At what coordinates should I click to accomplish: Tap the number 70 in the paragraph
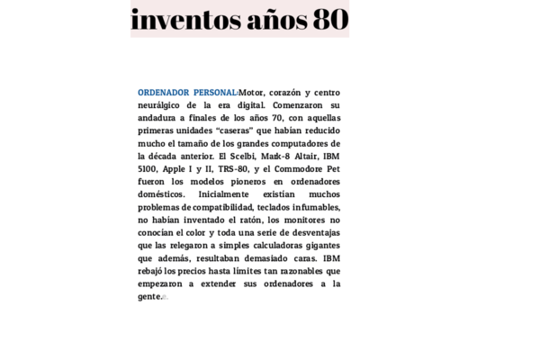[x=277, y=118]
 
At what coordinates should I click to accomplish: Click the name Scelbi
[x=237, y=156]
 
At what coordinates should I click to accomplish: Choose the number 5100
[x=147, y=168]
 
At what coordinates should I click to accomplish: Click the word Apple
[x=175, y=168]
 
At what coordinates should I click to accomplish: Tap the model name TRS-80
[x=233, y=168]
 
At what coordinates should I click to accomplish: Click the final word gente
[x=149, y=296]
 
